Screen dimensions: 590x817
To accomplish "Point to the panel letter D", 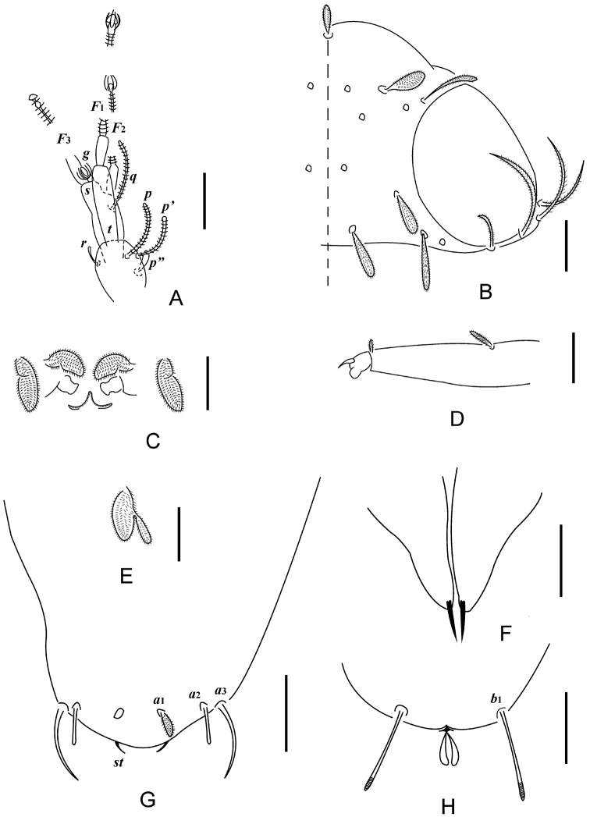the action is click(457, 418).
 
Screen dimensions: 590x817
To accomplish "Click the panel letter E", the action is click(127, 575).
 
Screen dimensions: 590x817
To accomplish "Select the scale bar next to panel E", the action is click(178, 532).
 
